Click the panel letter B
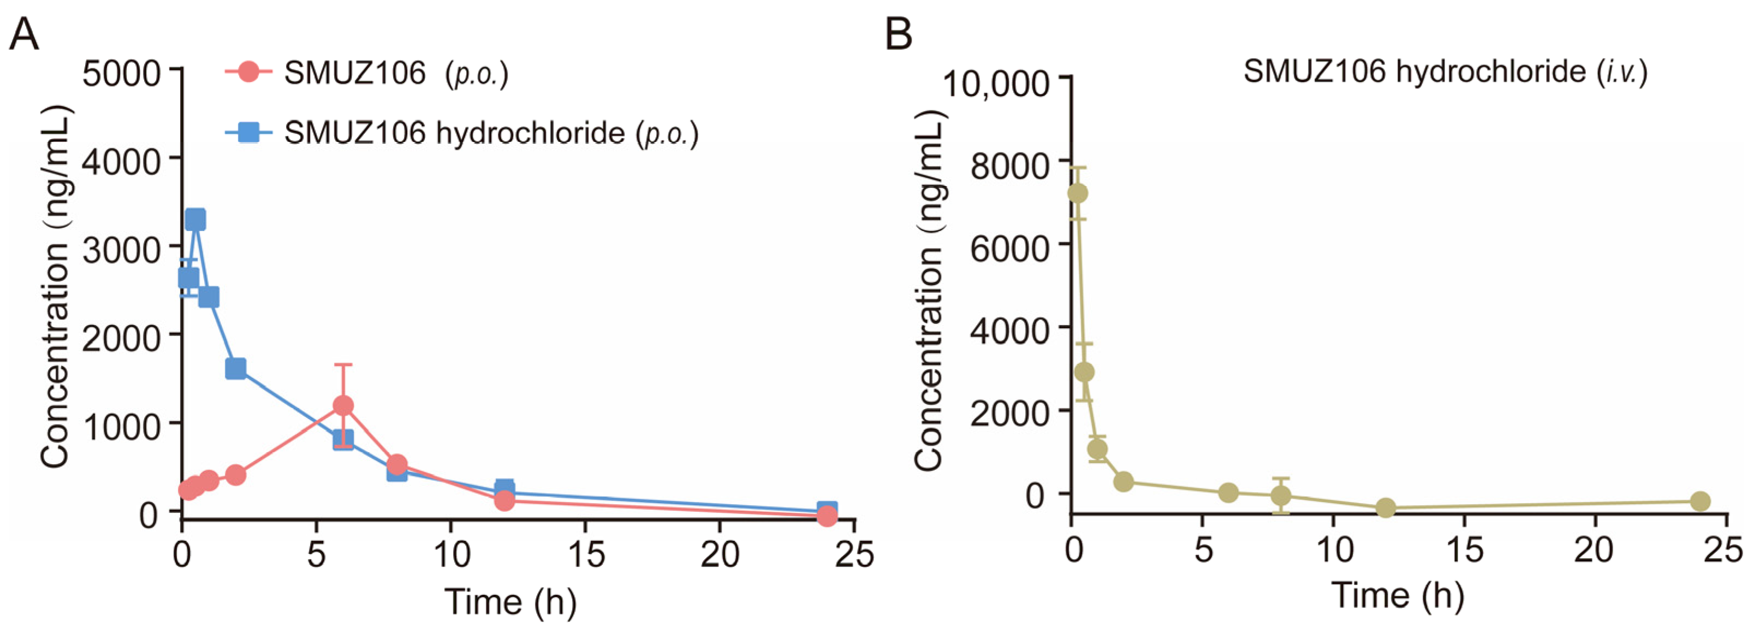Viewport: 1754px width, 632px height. click(898, 34)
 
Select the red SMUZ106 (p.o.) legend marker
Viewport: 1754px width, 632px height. click(249, 72)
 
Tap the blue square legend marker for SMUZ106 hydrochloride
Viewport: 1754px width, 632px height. click(249, 132)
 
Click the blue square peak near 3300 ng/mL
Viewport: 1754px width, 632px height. click(195, 219)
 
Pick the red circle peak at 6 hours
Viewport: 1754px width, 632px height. click(343, 406)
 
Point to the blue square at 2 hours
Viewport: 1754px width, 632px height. click(236, 369)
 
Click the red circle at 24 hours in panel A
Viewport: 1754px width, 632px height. click(827, 516)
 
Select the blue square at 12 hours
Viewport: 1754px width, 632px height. click(504, 488)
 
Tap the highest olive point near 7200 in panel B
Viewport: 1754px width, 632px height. click(1077, 193)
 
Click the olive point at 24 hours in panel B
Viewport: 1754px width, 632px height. click(1700, 501)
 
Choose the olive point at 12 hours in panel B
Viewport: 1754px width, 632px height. click(1386, 507)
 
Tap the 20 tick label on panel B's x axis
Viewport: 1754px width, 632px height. click(1594, 550)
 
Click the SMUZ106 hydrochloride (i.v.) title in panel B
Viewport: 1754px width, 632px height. click(1445, 72)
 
